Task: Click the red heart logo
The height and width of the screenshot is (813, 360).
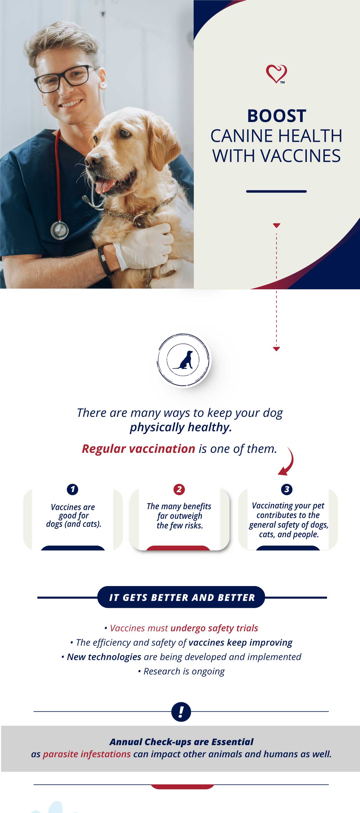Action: (x=276, y=74)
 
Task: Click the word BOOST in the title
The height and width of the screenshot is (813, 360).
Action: (x=277, y=116)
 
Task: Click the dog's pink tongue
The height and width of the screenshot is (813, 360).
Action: (x=103, y=186)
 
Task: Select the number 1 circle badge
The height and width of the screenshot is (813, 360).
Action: (x=73, y=490)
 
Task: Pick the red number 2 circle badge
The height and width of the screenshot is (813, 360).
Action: (x=179, y=490)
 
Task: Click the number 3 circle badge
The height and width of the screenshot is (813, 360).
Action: (x=287, y=490)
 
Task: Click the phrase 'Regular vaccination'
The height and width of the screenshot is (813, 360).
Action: (x=138, y=448)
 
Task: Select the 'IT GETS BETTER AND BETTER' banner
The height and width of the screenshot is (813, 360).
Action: (x=181, y=597)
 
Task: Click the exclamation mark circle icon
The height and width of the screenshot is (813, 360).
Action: (x=181, y=712)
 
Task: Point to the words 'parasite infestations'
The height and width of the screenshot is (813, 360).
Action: (x=86, y=754)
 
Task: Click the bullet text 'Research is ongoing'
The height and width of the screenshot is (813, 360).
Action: (x=184, y=671)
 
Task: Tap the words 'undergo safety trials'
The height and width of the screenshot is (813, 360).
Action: (x=214, y=628)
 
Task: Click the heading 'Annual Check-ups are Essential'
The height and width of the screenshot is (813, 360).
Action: (x=181, y=742)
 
